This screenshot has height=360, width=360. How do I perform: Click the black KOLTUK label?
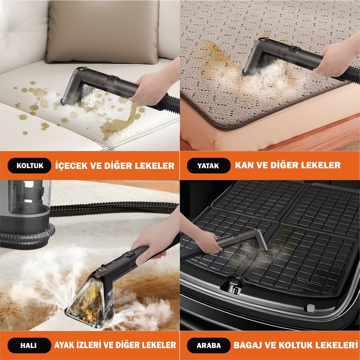point(29,166)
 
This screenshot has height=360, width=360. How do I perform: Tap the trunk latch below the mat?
point(233,287)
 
